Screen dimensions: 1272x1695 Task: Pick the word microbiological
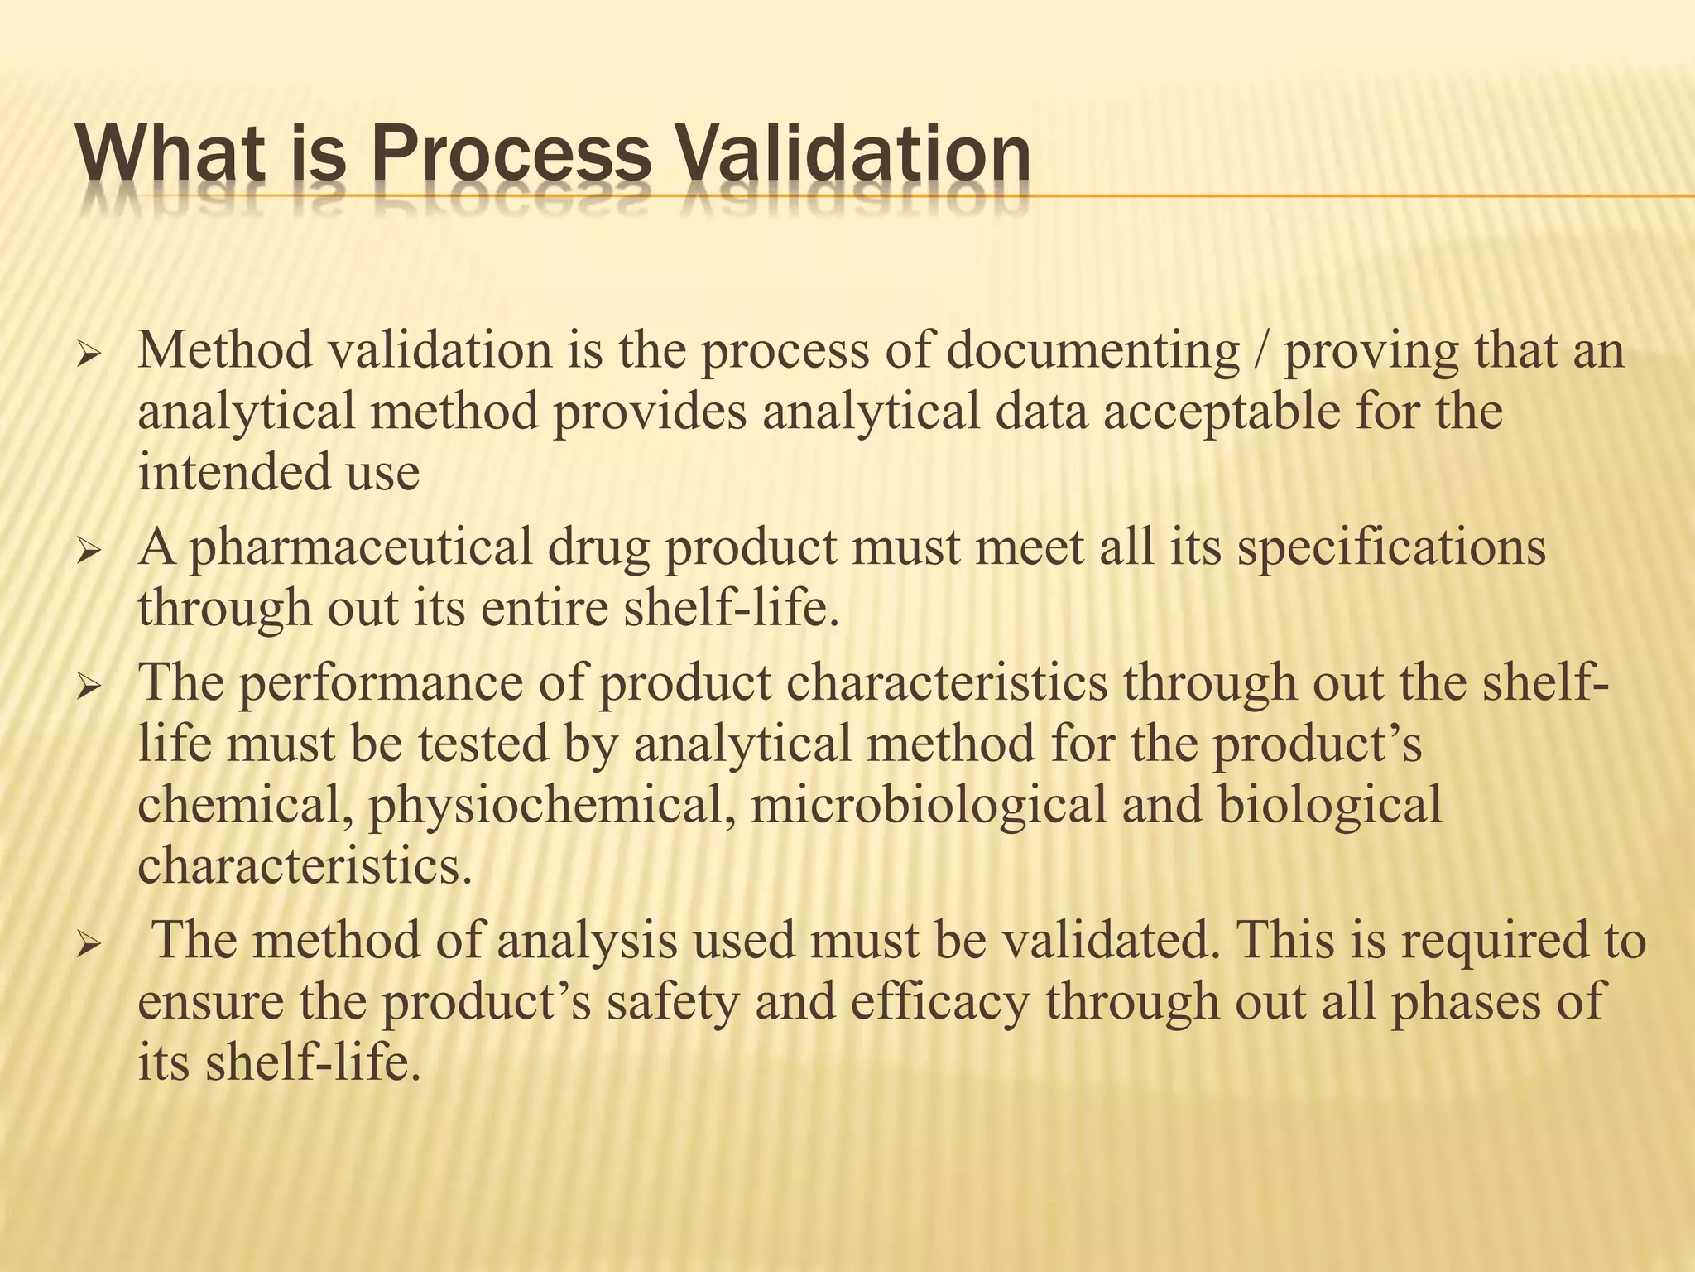pyautogui.click(x=928, y=806)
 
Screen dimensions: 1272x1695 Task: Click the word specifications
pyautogui.click(x=1391, y=548)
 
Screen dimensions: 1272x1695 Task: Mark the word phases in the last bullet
pyautogui.click(x=1470, y=1001)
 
